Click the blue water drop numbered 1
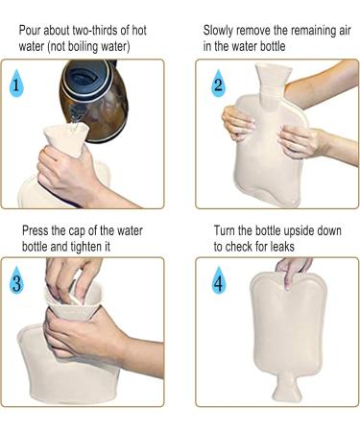pyautogui.click(x=16, y=84)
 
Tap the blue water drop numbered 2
pyautogui.click(x=218, y=84)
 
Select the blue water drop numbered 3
pyautogui.click(x=16, y=281)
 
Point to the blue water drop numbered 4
pyautogui.click(x=219, y=280)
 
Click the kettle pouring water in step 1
pyautogui.click(x=94, y=100)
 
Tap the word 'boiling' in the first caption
pyautogui.click(x=82, y=47)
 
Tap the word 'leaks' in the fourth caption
pyautogui.click(x=282, y=247)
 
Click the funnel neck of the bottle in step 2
pyautogui.click(x=273, y=83)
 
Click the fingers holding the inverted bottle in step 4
pyautogui.click(x=293, y=271)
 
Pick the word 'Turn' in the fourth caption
pyautogui.click(x=225, y=230)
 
